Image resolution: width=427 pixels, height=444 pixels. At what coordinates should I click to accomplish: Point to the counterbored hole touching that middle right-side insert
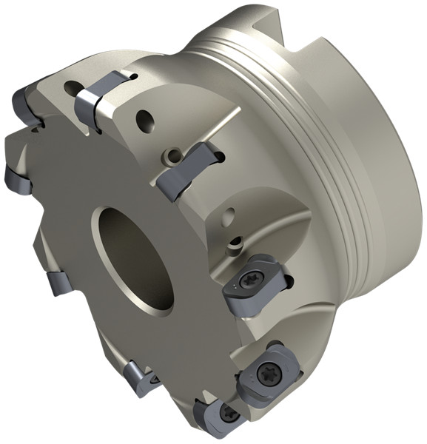point(173,155)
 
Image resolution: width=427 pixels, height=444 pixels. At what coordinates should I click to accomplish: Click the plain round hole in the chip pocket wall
point(231,216)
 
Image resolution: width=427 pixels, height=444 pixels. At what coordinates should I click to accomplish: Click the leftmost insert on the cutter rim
point(16,179)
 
